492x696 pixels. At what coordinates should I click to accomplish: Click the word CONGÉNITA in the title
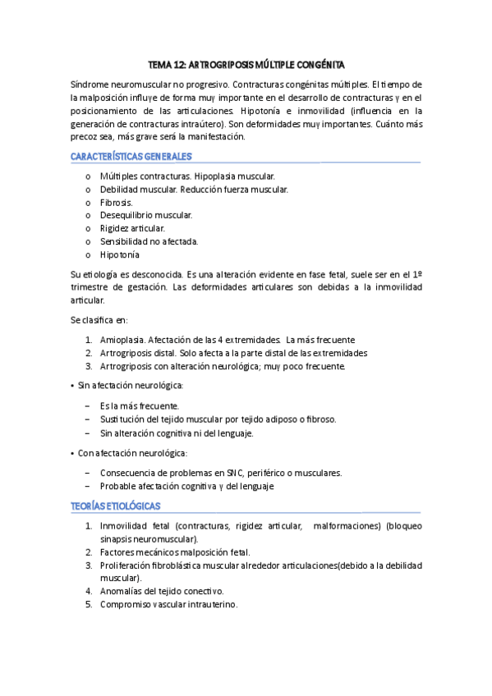click(315, 63)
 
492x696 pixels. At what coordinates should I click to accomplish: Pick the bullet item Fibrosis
click(116, 202)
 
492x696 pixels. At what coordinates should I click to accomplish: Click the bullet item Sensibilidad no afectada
click(149, 241)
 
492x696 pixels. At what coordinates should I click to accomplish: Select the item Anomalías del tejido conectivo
click(161, 591)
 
